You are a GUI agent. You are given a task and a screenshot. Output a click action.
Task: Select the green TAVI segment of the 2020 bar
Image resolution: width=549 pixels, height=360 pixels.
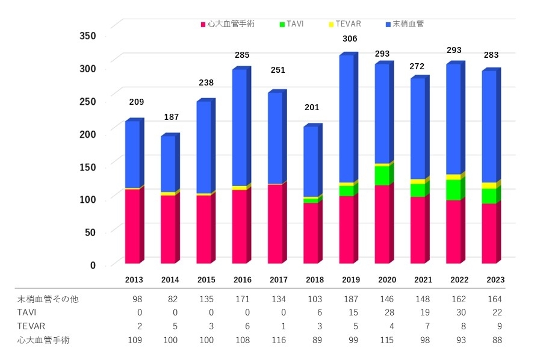click(x=382, y=175)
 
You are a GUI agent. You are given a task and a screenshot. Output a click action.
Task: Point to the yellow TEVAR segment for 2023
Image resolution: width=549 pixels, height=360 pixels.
click(x=489, y=185)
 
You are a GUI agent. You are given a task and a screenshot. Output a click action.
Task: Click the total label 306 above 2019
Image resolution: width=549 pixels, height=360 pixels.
click(x=349, y=39)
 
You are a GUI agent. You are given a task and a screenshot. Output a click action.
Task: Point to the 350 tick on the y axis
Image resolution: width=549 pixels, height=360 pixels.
click(x=88, y=36)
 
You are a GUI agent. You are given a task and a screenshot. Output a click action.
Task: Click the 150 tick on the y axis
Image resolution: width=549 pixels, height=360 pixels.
click(x=88, y=167)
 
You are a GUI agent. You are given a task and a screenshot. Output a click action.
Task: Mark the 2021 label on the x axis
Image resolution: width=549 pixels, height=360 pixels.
click(x=423, y=280)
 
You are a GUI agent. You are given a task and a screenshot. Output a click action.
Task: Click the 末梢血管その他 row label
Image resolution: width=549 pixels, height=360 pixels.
click(x=48, y=299)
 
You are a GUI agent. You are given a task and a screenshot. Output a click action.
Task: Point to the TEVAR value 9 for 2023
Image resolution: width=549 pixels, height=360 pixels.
click(x=498, y=326)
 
